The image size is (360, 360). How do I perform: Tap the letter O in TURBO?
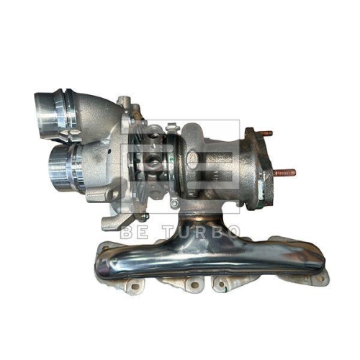coord(232,233)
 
